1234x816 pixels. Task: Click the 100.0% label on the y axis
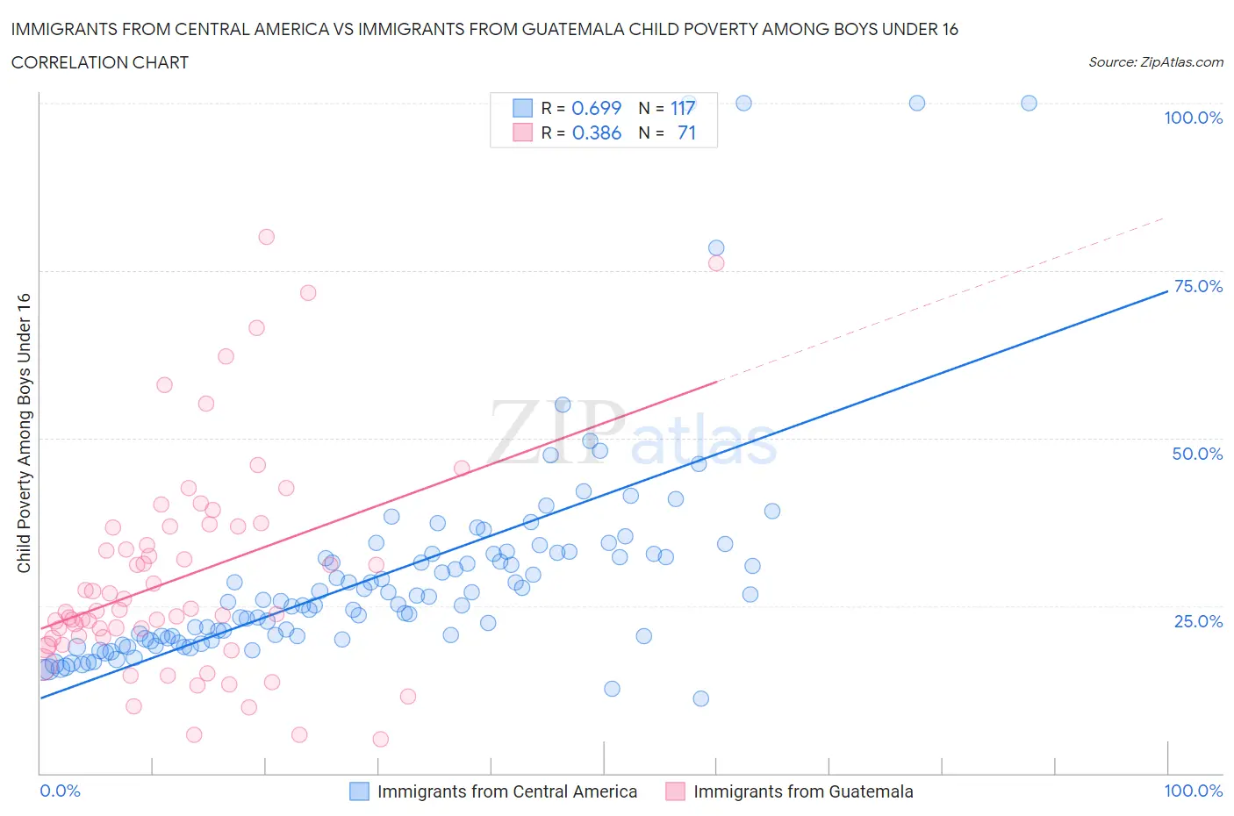point(1193,118)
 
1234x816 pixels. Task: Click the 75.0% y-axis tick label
point(1198,286)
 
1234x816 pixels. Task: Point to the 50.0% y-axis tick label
point(1197,454)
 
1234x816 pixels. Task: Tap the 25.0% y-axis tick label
point(1198,621)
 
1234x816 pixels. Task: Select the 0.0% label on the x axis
point(60,791)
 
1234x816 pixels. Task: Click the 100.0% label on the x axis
point(1193,791)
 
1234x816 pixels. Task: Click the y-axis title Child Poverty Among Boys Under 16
point(24,433)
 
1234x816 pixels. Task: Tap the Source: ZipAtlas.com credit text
point(1155,62)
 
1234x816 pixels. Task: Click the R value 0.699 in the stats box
point(596,108)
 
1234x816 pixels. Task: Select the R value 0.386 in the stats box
point(596,132)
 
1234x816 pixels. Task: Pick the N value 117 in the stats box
point(683,108)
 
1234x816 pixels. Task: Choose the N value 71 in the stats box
point(686,132)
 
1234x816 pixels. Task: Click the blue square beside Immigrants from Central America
point(359,791)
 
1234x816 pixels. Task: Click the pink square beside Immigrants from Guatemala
point(675,791)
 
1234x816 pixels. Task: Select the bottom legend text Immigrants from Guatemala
point(803,791)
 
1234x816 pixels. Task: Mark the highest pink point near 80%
point(266,237)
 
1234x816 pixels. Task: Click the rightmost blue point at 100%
point(1029,103)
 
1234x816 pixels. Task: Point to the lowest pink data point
point(380,739)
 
